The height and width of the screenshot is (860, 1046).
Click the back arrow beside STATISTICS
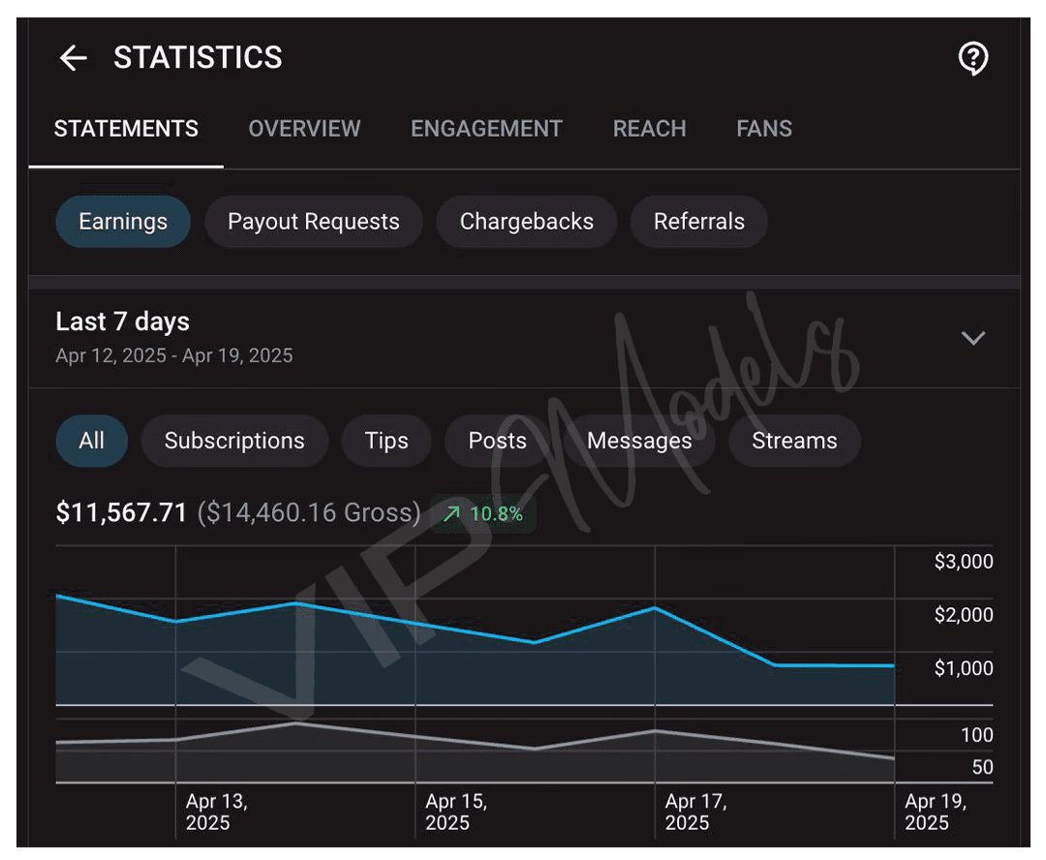pos(74,58)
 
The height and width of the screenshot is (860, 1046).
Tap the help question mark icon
pos(973,58)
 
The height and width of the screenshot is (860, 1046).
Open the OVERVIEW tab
pos(304,128)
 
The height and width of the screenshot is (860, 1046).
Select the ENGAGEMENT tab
pos(486,128)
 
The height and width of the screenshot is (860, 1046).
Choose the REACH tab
pos(649,128)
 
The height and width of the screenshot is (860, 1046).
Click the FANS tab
pos(764,128)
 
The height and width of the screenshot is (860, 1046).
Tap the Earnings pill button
pos(123,222)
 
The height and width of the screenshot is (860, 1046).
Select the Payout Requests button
pos(314,222)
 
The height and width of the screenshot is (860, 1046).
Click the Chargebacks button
pos(526,222)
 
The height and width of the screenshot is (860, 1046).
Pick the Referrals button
pos(699,222)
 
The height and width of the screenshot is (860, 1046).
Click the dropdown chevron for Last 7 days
pos(973,338)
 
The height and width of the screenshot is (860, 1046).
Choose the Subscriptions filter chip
pos(234,441)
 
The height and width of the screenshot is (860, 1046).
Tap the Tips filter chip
pos(386,441)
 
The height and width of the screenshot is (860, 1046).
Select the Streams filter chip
pos(794,441)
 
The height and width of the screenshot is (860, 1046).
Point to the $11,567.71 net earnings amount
pos(121,512)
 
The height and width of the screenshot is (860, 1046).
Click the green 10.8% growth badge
pos(483,513)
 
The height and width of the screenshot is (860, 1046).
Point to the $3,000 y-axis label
pos(964,562)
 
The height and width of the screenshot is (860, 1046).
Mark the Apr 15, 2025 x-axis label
pos(456,812)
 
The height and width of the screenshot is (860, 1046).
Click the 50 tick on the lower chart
pos(983,767)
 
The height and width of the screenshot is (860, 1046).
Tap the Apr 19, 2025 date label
pos(936,812)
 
